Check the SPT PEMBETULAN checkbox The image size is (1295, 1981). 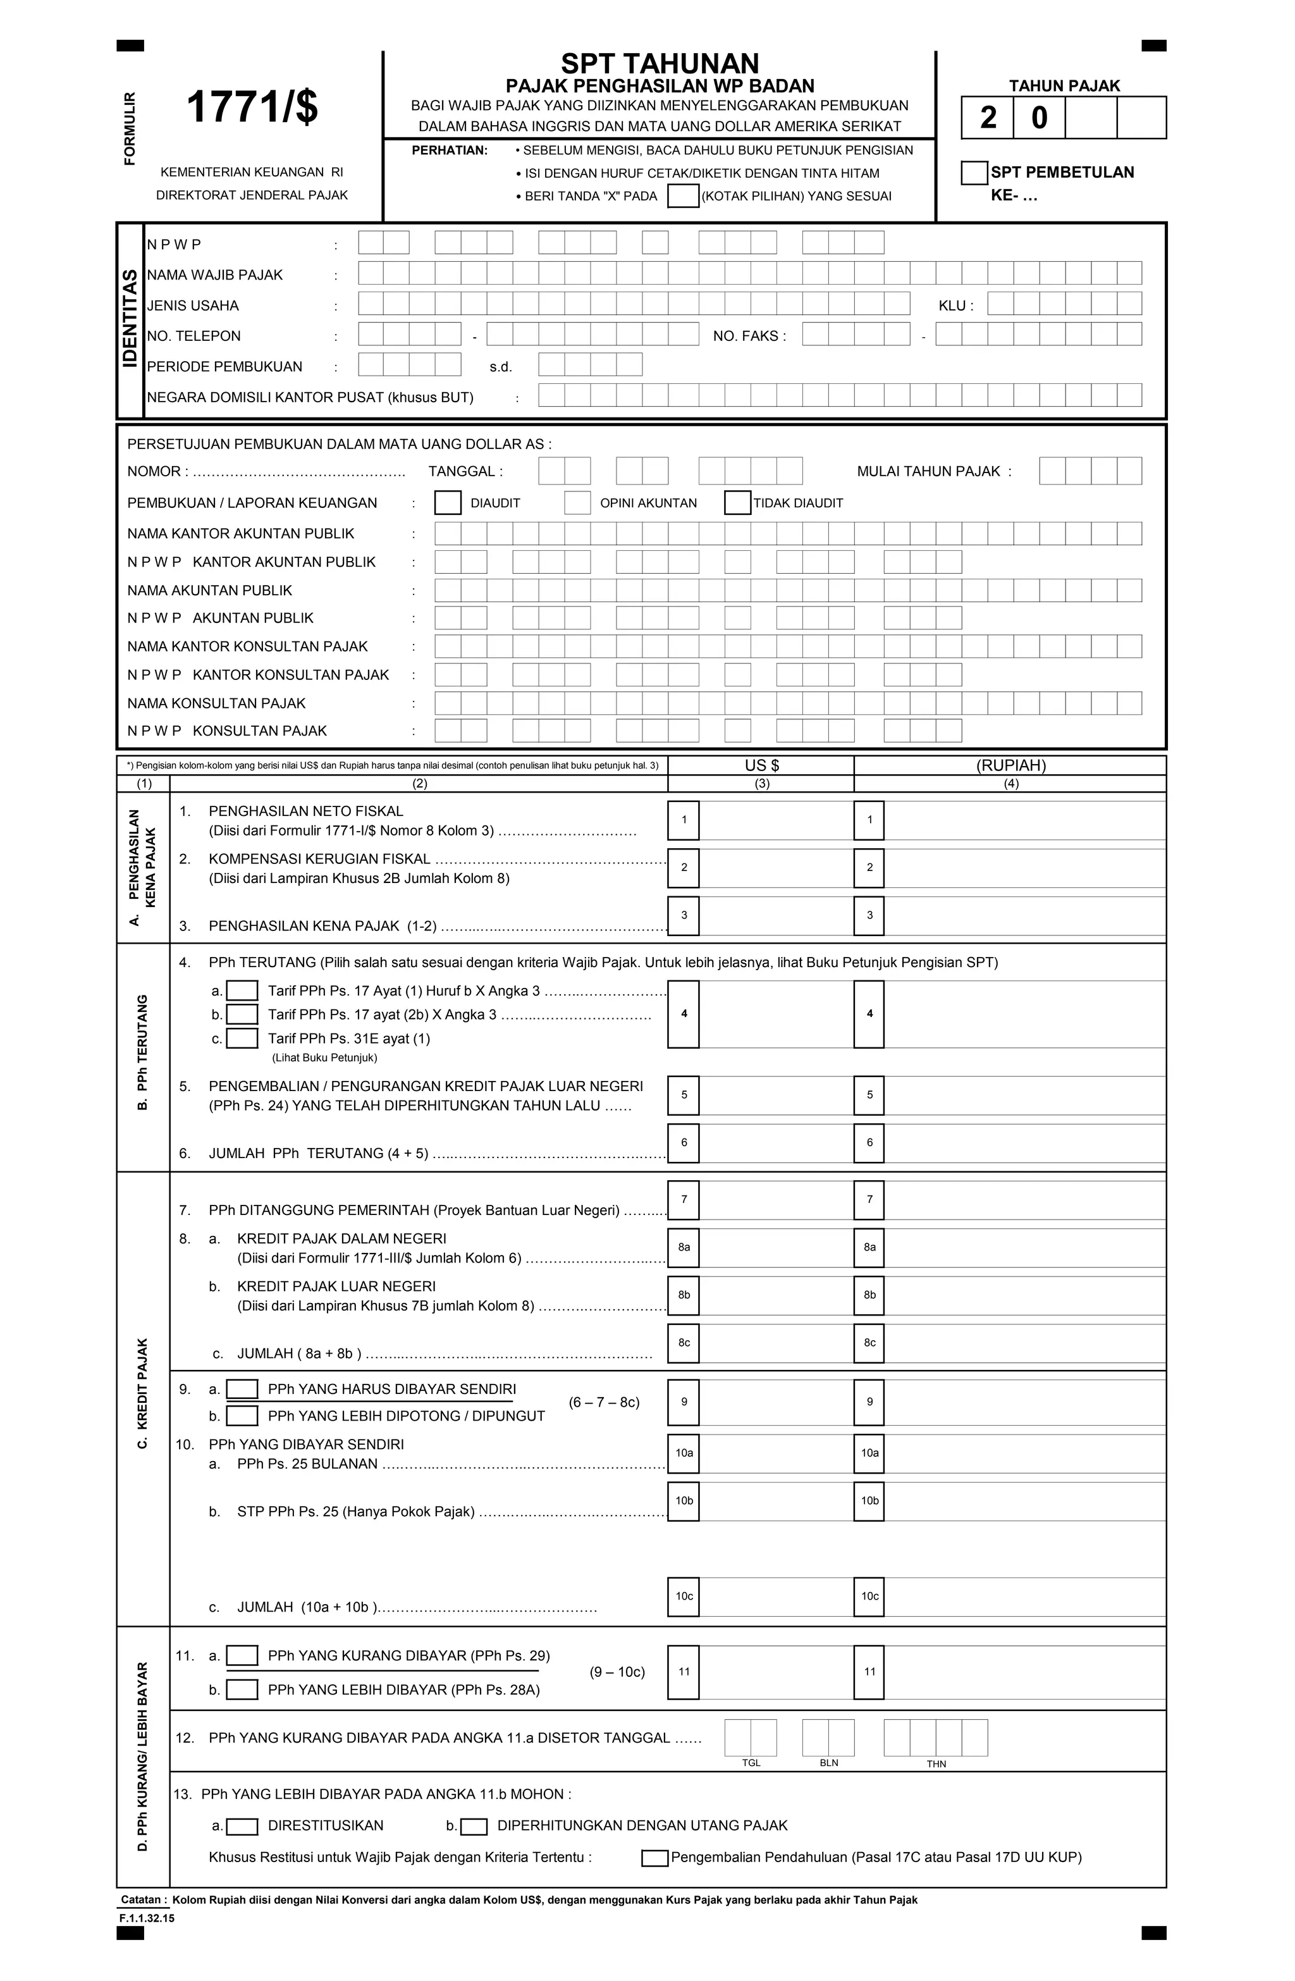pyautogui.click(x=974, y=173)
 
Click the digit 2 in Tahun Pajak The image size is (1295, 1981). pyautogui.click(x=988, y=118)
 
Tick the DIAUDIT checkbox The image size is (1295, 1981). pyautogui.click(x=448, y=503)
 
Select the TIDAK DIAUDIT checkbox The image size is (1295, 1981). pyautogui.click(x=737, y=503)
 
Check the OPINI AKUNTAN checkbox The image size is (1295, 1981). pyautogui.click(x=577, y=503)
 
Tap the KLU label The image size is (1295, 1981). pyautogui.click(x=955, y=305)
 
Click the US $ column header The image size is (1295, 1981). pyautogui.click(x=761, y=765)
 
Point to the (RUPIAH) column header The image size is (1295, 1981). pyautogui.click(x=1010, y=765)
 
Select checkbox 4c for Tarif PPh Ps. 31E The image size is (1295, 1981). pyautogui.click(x=242, y=1038)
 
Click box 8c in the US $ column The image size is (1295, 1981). pyautogui.click(x=684, y=1343)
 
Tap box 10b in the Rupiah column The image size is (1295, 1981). pyautogui.click(x=869, y=1501)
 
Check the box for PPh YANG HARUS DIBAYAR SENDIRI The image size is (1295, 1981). pyautogui.click(x=242, y=1389)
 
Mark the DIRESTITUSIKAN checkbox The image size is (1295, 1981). pyautogui.click(x=242, y=1826)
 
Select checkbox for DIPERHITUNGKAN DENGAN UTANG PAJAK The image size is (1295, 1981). pyautogui.click(x=474, y=1826)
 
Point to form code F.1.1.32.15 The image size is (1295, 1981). pyautogui.click(x=147, y=1918)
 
